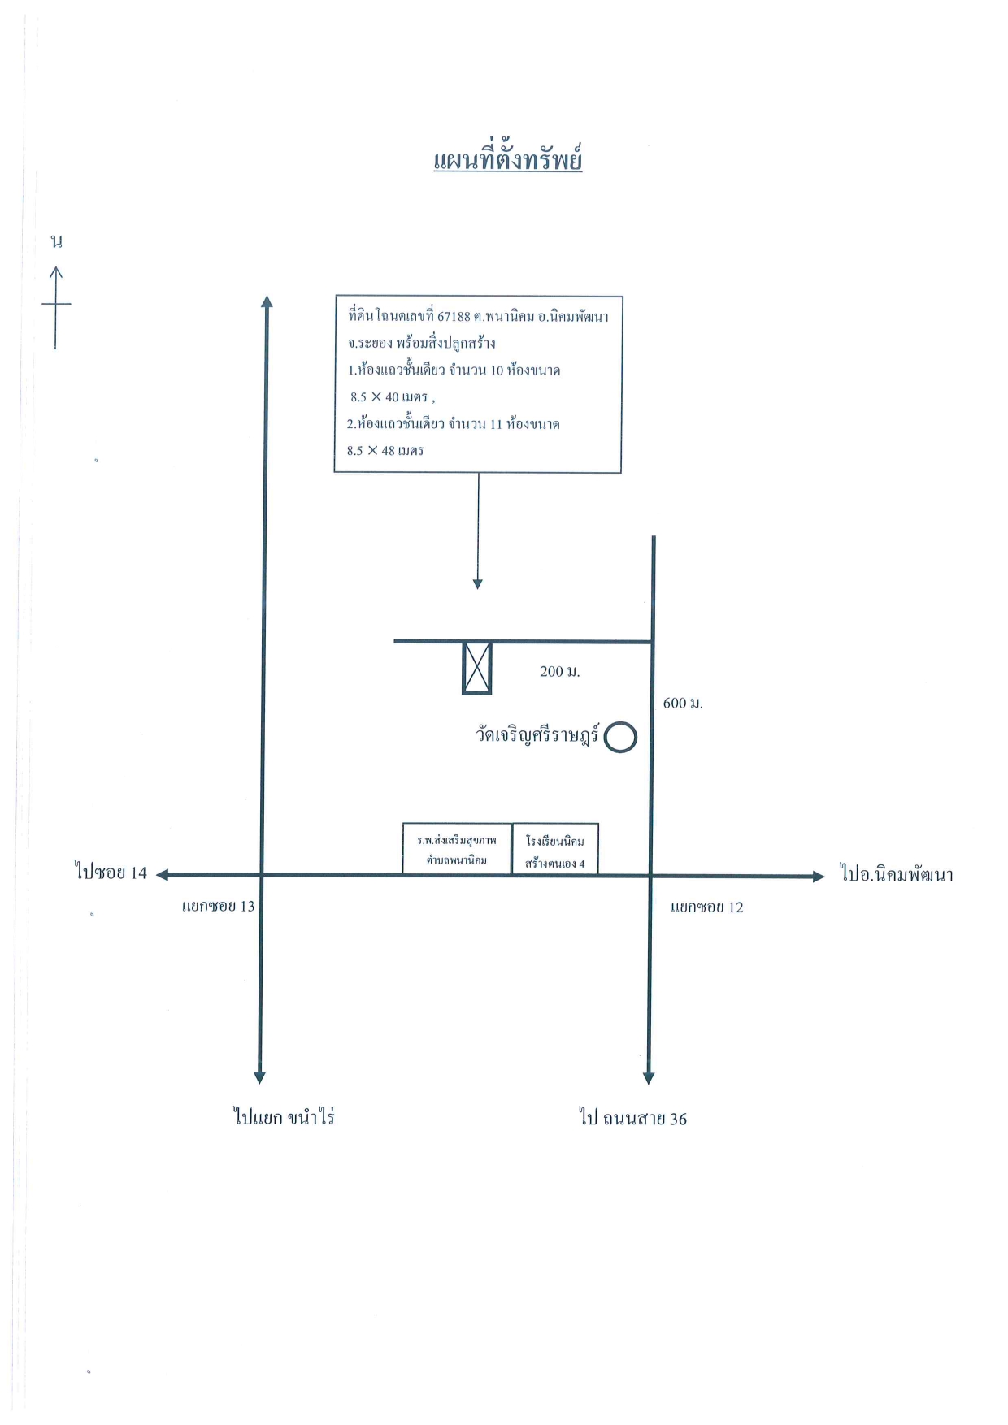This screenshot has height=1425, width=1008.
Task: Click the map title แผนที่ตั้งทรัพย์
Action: point(507,158)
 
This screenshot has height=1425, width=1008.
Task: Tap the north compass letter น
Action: point(56,241)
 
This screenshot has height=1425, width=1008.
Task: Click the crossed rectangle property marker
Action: point(477,668)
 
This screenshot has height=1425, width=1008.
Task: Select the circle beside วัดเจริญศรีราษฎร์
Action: point(620,738)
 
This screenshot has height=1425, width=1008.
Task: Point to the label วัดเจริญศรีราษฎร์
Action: point(537,735)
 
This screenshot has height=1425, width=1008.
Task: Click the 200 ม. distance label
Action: point(559,671)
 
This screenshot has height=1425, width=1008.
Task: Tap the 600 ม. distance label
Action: point(683,703)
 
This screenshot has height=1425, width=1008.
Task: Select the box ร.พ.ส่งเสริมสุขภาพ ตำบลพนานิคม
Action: point(457,849)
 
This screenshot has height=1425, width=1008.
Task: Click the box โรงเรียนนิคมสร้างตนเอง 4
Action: point(555,849)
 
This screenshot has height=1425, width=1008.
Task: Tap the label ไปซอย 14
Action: point(111,873)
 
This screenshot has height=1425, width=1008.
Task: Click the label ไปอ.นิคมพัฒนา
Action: point(896,875)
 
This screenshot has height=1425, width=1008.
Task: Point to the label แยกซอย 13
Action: point(218,906)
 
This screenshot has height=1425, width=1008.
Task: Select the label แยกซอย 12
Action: point(706,907)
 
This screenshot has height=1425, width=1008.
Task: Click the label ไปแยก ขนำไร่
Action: point(284,1117)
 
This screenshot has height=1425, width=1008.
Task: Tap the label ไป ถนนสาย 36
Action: point(633,1118)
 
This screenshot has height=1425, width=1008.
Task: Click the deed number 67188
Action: point(454,316)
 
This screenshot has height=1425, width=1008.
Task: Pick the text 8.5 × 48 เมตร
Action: point(385,450)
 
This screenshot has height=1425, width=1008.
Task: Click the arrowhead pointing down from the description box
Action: point(478,583)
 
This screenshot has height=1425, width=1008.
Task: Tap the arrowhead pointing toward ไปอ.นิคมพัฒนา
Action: point(819,877)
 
